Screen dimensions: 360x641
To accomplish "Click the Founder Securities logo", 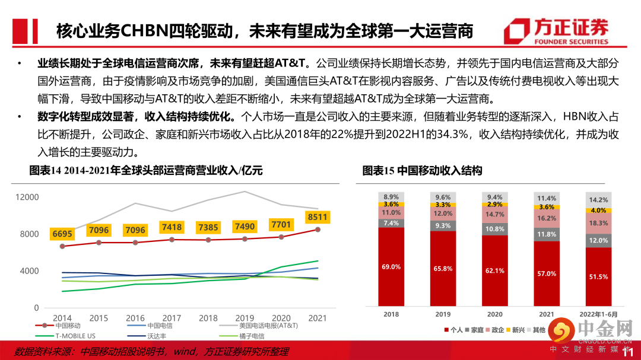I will [x=554, y=31].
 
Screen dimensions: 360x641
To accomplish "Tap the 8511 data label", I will [x=316, y=217].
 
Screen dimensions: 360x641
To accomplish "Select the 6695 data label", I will [x=63, y=234].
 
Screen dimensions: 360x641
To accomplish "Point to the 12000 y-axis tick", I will [x=27, y=197].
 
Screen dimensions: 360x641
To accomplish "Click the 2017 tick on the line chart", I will [x=172, y=318].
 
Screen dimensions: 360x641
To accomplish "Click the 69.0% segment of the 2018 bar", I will [x=391, y=267].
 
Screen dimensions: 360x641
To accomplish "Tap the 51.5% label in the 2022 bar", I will [x=598, y=277].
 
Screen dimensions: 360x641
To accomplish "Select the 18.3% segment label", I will [x=598, y=223].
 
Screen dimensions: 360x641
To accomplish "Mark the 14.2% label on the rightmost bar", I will [x=598, y=200].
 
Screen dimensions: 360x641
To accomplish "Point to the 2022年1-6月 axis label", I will [x=598, y=314].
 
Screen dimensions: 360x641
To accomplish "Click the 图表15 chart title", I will [x=422, y=171].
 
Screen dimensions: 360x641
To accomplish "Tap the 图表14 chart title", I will [x=146, y=171].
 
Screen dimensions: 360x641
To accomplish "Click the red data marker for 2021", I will [x=318, y=230].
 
